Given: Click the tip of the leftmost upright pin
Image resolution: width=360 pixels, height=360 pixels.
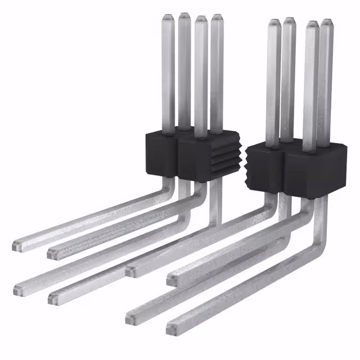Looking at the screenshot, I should pos(168,18).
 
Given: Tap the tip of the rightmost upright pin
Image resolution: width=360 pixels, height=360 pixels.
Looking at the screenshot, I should pos(327,24).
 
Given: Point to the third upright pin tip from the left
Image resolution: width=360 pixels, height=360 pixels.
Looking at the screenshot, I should pos(201,21).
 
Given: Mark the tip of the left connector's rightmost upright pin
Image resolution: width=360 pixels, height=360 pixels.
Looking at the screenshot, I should pos(217,18).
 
